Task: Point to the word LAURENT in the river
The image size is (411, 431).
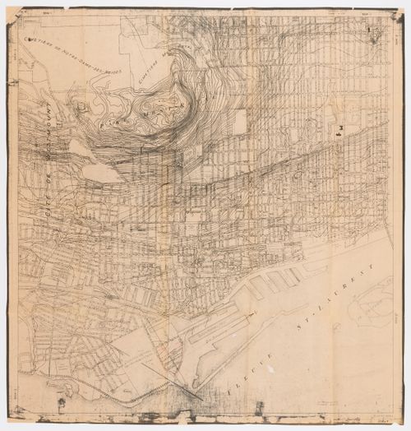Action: (x=350, y=287)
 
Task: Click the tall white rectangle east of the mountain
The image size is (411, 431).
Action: (x=239, y=122)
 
